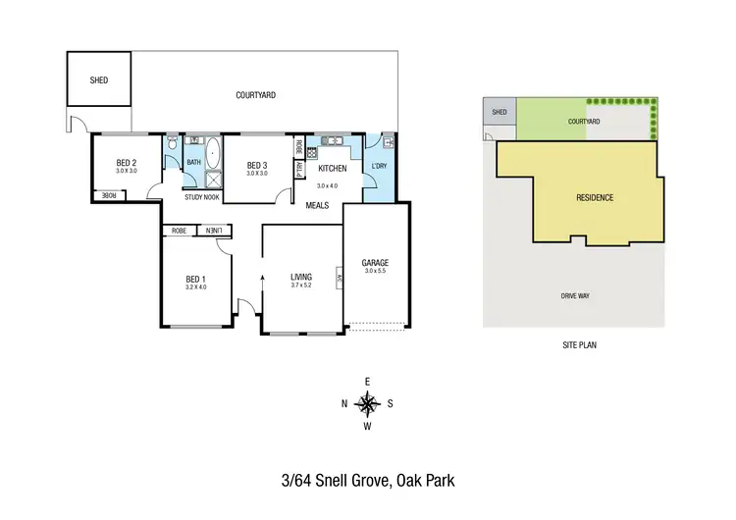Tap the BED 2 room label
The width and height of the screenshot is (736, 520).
pos(126,163)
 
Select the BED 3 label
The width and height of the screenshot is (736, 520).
pos(257,165)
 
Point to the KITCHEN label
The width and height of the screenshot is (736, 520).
pos(333,168)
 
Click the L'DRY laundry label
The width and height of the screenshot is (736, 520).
pos(380,166)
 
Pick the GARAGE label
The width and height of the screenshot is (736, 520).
pos(376,263)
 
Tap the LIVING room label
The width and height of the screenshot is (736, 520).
pos(300,277)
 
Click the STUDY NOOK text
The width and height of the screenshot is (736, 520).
pos(202,197)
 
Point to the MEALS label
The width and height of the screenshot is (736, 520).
pos(317,205)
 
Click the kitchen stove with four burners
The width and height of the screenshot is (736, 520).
pos(313,152)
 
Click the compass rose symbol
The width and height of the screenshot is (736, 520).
pos(367,402)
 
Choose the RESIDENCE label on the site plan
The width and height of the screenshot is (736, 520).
pos(595,197)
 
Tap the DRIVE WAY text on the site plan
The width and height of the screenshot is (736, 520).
pos(575,294)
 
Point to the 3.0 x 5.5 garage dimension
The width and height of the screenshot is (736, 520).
pos(376,272)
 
